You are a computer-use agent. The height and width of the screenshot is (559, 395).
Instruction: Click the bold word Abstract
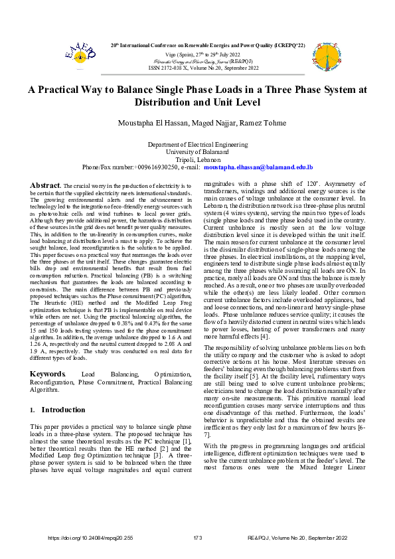pos(46,184)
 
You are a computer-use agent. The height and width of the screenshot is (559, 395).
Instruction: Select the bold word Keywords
pos(48,374)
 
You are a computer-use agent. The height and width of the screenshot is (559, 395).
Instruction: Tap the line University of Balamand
pos(197,151)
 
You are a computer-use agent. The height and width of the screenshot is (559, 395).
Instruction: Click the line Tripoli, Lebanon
pos(197,159)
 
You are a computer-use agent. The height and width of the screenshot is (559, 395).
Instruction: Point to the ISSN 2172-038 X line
pos(197,67)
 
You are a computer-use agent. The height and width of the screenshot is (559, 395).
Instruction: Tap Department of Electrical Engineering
pos(197,143)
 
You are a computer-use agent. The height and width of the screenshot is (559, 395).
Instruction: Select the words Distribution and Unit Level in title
pos(197,102)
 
